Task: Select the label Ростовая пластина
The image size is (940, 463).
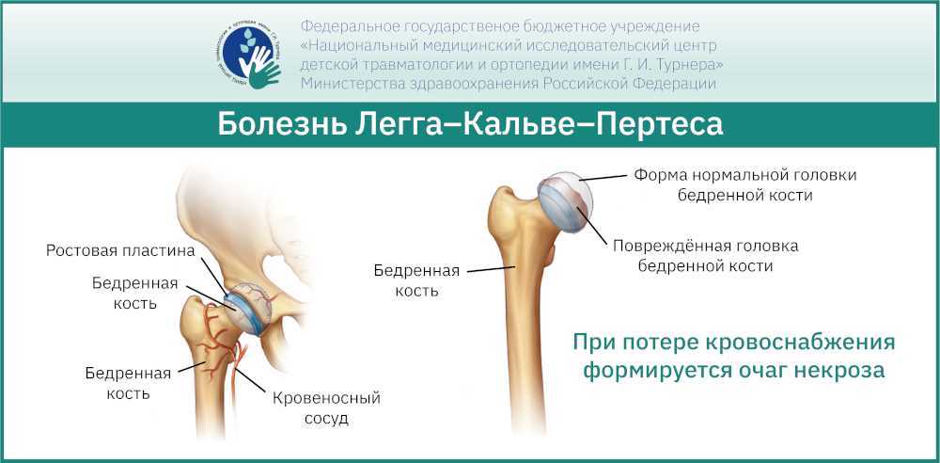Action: coord(120,251)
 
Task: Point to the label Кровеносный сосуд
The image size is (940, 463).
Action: coord(326,407)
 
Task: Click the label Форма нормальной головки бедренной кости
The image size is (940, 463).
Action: coord(745,185)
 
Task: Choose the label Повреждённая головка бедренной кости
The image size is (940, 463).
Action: coord(705,256)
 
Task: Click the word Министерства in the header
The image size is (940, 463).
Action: coord(343,84)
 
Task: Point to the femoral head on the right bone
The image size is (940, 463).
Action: coord(567,201)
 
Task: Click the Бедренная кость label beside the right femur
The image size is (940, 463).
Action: coord(416,280)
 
